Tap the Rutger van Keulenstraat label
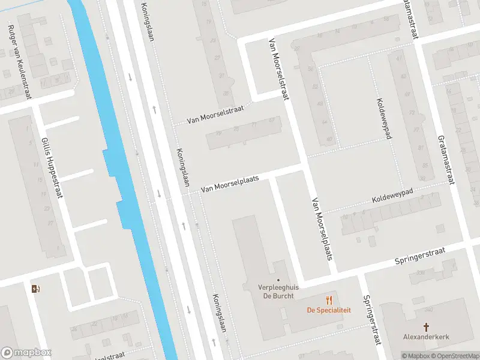tap(23, 57)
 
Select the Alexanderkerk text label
tap(426, 337)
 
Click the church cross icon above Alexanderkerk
tap(426, 327)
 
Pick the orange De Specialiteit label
tap(328, 310)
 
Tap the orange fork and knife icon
tap(328, 300)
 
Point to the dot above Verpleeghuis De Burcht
tap(278, 280)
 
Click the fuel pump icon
tap(35, 289)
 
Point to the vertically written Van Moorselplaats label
tap(322, 229)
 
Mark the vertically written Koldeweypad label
tap(384, 119)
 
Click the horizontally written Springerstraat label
tap(419, 256)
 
